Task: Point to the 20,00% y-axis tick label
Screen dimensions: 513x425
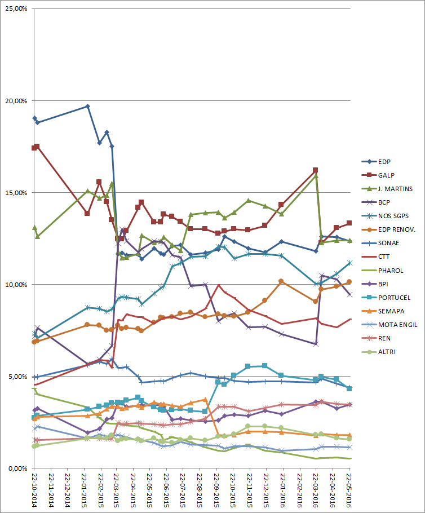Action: (16, 101)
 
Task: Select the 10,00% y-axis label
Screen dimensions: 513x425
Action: (16, 284)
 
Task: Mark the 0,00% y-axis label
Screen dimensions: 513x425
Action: (17, 468)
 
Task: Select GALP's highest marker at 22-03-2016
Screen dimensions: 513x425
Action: (316, 170)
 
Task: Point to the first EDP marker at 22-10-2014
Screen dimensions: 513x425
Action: (34, 118)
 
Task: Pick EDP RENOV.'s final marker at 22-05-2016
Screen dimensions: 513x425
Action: (349, 282)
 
